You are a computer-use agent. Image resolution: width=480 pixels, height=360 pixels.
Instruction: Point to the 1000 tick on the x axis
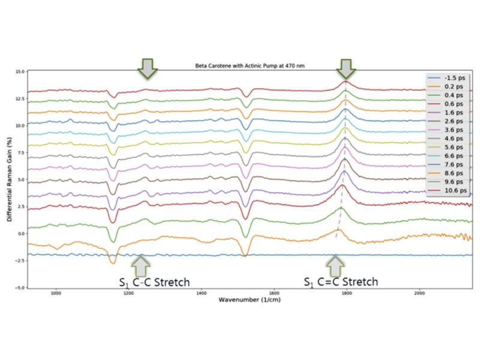click(x=56, y=294)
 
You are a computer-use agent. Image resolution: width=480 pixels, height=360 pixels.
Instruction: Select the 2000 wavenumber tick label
click(x=419, y=294)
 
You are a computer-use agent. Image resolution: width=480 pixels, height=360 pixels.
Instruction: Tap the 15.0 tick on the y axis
click(x=20, y=72)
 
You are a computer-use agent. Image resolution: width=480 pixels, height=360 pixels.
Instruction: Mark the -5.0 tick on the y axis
click(x=20, y=288)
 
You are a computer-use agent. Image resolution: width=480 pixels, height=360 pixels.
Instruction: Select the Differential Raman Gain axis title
click(x=10, y=180)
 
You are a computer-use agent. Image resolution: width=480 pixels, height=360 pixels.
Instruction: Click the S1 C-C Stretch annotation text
click(x=154, y=281)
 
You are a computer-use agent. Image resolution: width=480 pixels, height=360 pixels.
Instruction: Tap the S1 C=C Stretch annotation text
click(x=341, y=281)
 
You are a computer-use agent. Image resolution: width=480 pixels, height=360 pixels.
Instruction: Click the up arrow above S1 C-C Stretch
click(x=141, y=264)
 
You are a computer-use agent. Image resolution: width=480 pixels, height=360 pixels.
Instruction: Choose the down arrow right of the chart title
click(x=346, y=68)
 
